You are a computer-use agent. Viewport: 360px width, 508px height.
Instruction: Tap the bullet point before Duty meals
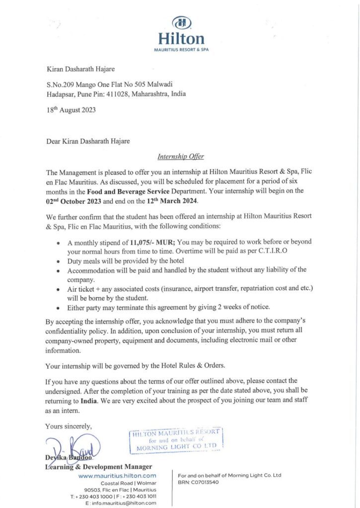pos(59,261)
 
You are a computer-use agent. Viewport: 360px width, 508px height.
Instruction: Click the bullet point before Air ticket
pos(59,289)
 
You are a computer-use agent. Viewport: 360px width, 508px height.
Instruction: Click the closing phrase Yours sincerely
pos(69,426)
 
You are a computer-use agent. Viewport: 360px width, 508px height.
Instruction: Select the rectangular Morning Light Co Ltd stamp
pos(175,440)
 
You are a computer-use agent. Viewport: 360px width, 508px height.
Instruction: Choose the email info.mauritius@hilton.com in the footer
pos(121,503)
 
